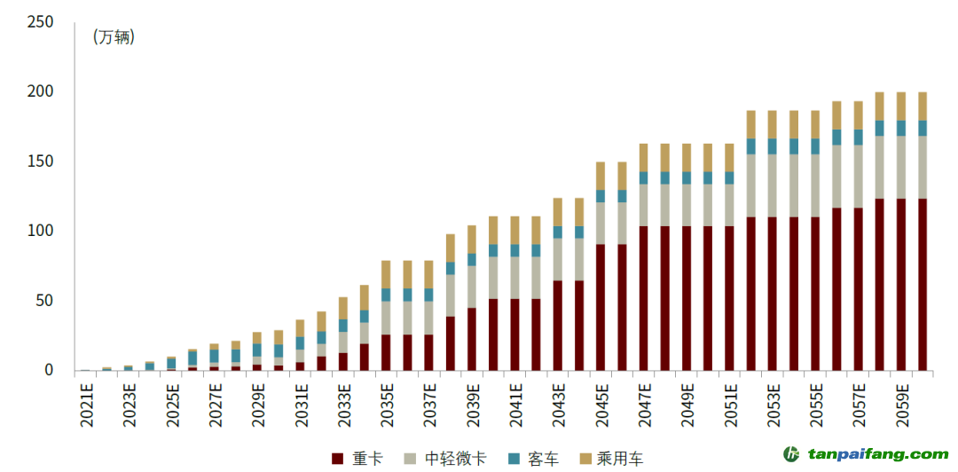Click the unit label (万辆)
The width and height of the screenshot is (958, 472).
coord(114,37)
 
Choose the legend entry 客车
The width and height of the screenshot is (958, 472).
coord(533,458)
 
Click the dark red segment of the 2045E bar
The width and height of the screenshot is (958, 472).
coord(601,306)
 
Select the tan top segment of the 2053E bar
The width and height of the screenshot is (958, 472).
coord(773,124)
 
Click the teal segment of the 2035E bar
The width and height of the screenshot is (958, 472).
coord(386,295)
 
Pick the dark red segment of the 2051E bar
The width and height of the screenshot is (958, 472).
coord(729,297)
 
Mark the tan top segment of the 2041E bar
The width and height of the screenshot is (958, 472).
coord(514,230)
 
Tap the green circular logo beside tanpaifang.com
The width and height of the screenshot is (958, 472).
coord(792,453)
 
